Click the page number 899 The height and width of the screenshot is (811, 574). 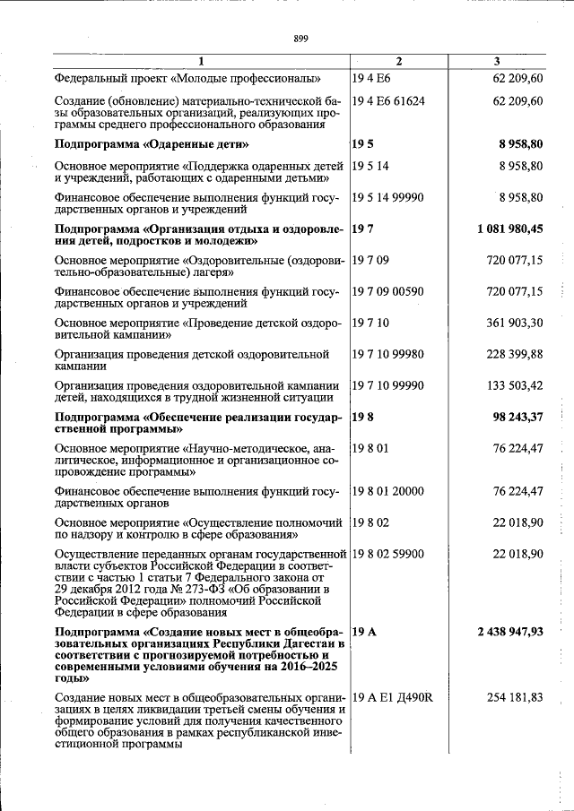click(300, 38)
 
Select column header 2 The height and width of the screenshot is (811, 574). click(398, 61)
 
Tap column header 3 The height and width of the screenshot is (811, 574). click(497, 61)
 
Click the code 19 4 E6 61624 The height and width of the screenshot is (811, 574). click(388, 100)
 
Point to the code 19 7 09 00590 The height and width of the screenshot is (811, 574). click(388, 291)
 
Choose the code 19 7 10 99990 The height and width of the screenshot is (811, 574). click(388, 385)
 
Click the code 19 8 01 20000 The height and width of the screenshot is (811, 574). click(388, 491)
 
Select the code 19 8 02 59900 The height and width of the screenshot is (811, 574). click(388, 554)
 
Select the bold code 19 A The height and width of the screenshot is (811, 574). click(364, 632)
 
